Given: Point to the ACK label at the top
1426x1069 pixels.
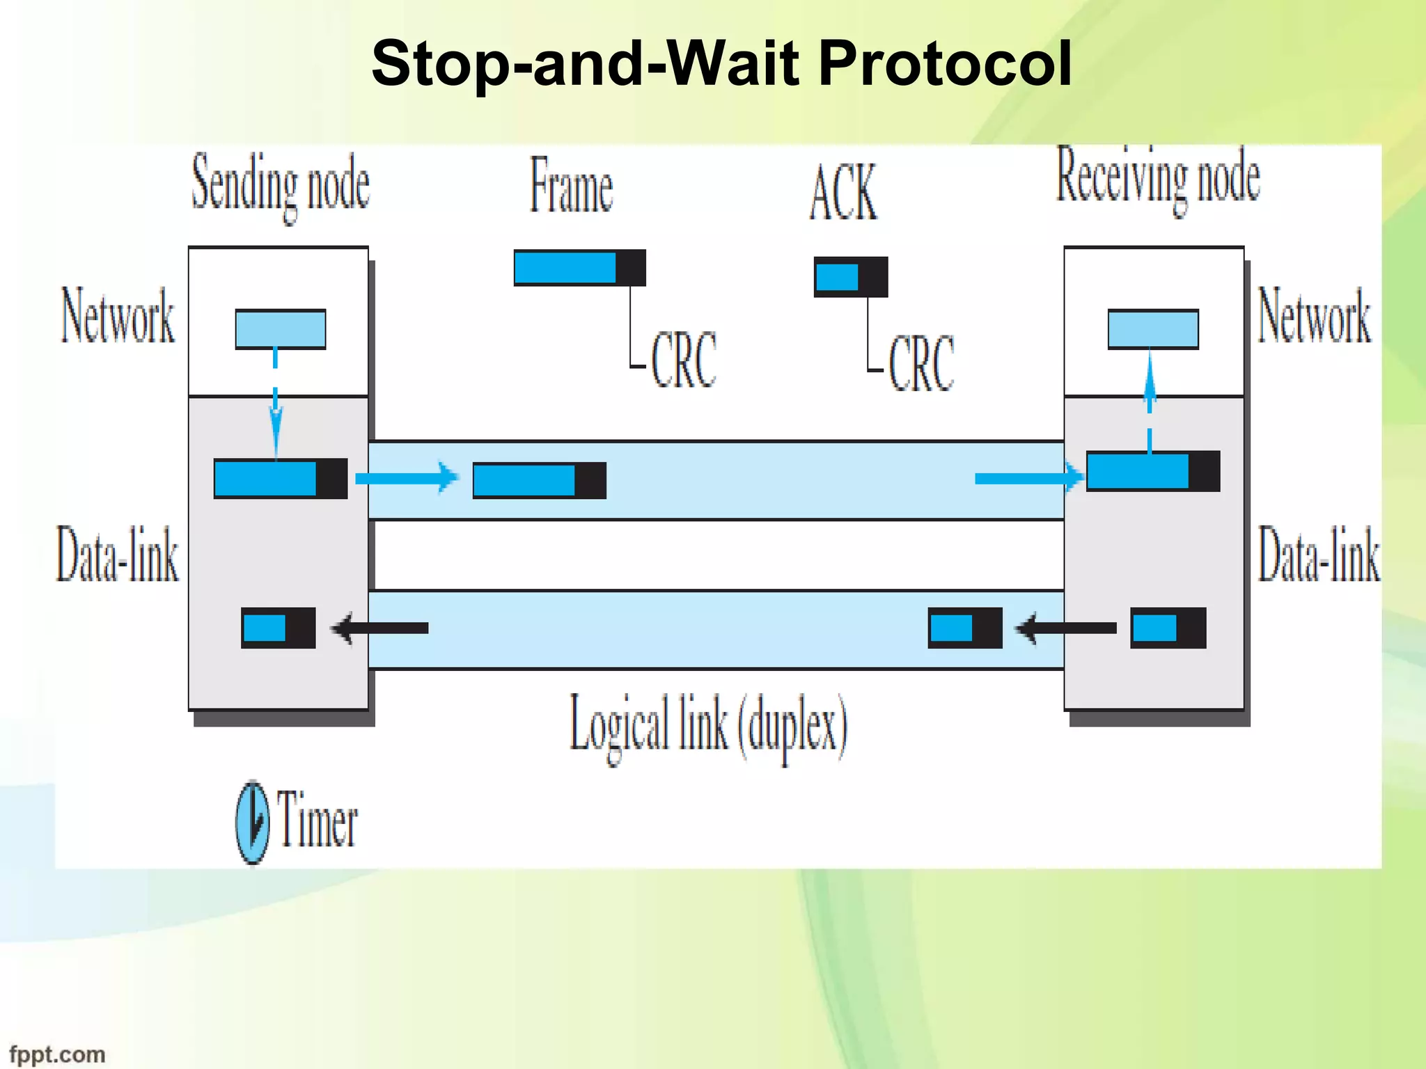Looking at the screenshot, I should pyautogui.click(x=843, y=193).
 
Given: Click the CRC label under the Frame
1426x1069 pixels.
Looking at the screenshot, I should pyautogui.click(x=684, y=360).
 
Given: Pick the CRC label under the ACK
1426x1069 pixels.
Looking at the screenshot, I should pyautogui.click(x=921, y=363).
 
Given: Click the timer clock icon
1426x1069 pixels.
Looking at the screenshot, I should pyautogui.click(x=252, y=823).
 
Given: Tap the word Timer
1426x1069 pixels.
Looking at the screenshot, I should pyautogui.click(x=318, y=820).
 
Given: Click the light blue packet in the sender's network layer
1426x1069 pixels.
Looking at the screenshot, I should pyautogui.click(x=281, y=329).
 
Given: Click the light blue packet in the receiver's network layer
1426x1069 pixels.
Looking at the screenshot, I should pyautogui.click(x=1153, y=329).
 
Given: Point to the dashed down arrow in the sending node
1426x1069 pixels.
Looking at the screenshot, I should pyautogui.click(x=276, y=404).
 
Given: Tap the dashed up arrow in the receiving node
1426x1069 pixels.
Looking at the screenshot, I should pyautogui.click(x=1150, y=404).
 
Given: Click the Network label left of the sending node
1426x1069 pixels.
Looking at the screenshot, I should pyautogui.click(x=118, y=317).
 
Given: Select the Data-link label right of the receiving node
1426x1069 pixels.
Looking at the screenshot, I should pyautogui.click(x=1318, y=555).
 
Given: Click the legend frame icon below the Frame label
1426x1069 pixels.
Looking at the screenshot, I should pyautogui.click(x=579, y=268).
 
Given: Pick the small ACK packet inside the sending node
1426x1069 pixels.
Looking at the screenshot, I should pyautogui.click(x=278, y=628).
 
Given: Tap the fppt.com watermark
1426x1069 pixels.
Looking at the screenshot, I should pyautogui.click(x=57, y=1054).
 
